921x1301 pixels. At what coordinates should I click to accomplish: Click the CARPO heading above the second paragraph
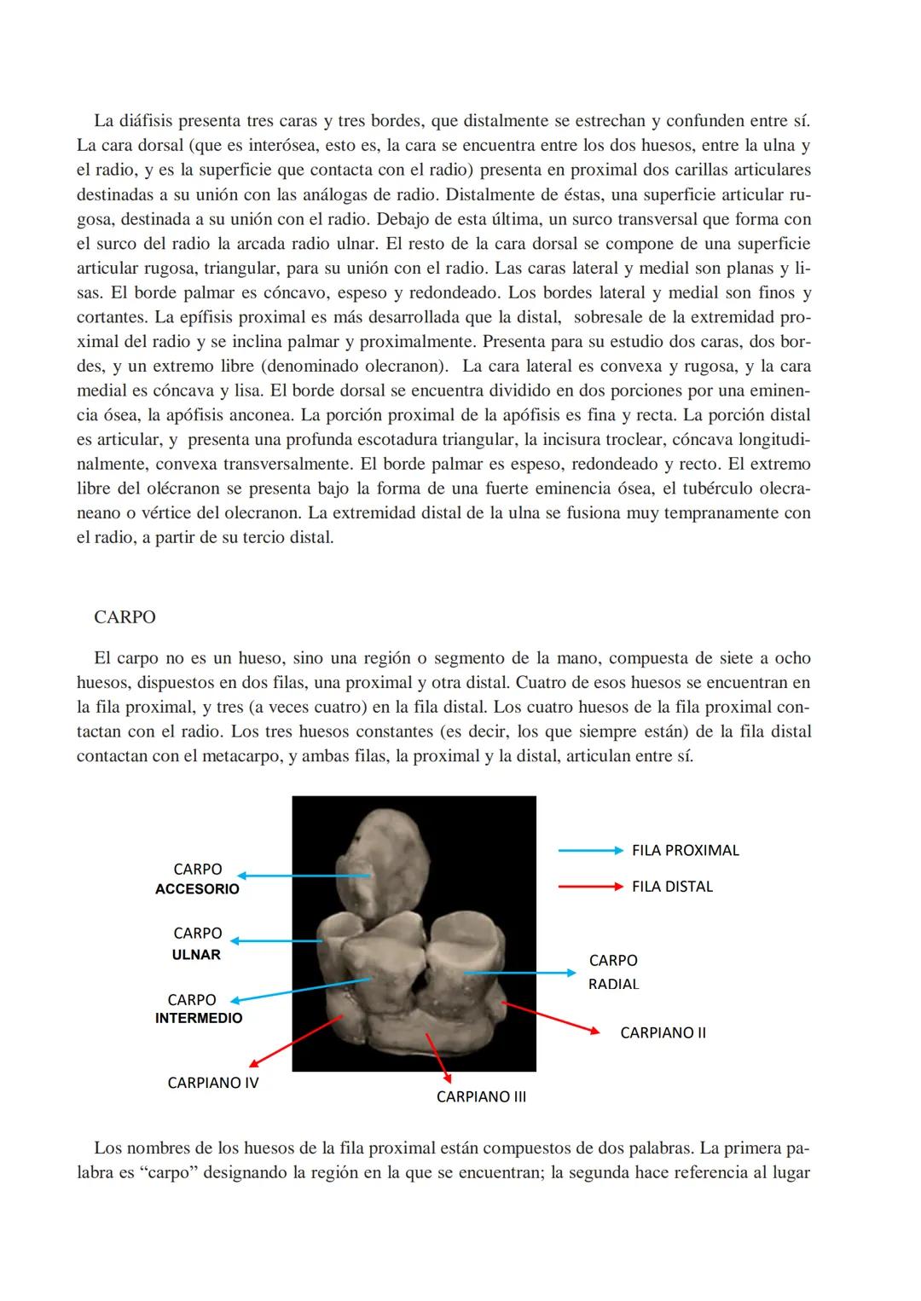pos(125,617)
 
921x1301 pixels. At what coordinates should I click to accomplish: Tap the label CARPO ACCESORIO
pos(197,879)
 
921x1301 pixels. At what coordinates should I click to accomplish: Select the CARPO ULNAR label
pos(197,944)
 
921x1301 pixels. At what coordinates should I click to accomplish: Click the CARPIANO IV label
pos(213,1083)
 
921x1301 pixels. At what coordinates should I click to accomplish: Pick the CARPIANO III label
pos(481,1097)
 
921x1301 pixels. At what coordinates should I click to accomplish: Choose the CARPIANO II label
pos(663,1033)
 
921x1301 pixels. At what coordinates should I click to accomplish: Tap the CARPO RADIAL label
pos(613,972)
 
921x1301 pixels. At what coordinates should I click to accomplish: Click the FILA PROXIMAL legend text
pos(685,851)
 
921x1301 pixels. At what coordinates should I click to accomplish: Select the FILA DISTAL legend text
pos(672,887)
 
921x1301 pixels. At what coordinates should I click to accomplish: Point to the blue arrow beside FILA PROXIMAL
pos(590,851)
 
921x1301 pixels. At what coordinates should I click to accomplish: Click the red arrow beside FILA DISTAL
pos(590,887)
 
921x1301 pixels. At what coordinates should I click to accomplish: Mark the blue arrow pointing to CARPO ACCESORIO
pos(304,876)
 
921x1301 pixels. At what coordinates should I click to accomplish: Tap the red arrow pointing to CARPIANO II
pos(551,1018)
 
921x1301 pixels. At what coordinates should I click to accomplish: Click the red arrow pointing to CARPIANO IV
pos(295,1041)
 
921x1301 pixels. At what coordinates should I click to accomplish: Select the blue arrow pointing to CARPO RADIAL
pos(520,973)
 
